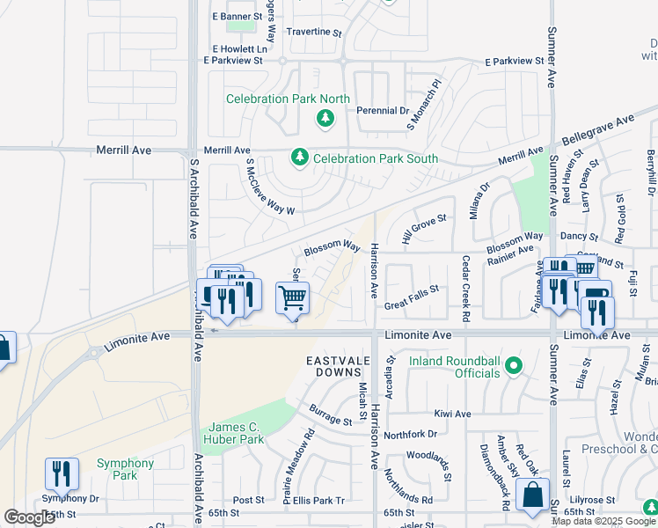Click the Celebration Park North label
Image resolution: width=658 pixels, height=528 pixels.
275,99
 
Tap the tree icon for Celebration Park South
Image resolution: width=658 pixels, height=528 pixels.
300,158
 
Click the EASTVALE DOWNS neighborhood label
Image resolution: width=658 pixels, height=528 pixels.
344,362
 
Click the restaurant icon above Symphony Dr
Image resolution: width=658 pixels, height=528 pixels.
62,473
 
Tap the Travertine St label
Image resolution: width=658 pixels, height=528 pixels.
314,32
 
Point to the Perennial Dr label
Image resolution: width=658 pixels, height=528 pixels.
383,111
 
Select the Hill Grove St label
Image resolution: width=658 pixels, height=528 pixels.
424,230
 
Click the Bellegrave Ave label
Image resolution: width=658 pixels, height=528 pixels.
599,131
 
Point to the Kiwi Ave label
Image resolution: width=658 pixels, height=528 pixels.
452,414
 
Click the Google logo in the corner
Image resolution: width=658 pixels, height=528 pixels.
28,517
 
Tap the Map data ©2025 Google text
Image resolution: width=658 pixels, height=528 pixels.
603,521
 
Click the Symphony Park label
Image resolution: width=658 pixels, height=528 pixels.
125,469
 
